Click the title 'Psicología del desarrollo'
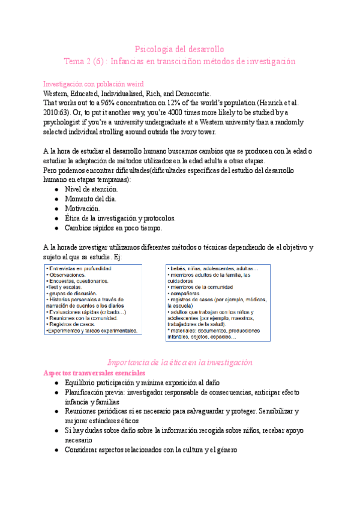[x=179, y=49]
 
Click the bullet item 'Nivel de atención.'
[x=95, y=189]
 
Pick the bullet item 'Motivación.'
[x=86, y=208]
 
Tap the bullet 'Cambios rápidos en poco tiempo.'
[x=113, y=227]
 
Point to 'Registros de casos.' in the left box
[x=73, y=324]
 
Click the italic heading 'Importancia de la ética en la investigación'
[x=179, y=363]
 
